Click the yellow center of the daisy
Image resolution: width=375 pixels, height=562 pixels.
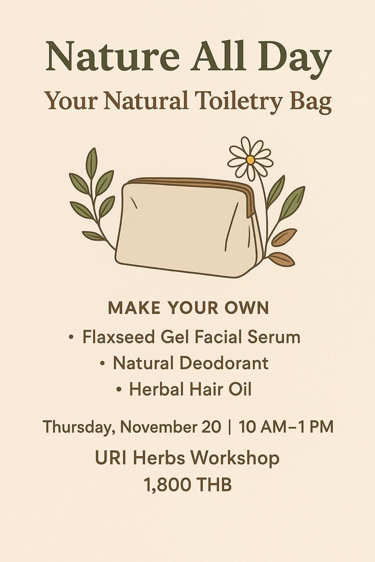click(x=250, y=159)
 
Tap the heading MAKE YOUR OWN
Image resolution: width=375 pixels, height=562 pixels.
click(x=188, y=308)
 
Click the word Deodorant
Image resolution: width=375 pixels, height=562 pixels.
click(x=224, y=363)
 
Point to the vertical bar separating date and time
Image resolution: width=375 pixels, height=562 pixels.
click(x=230, y=426)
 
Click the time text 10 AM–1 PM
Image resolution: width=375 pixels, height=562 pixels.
click(x=286, y=426)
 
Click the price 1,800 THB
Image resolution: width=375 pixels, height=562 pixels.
click(x=188, y=485)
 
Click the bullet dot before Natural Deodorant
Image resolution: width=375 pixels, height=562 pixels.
click(x=102, y=364)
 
